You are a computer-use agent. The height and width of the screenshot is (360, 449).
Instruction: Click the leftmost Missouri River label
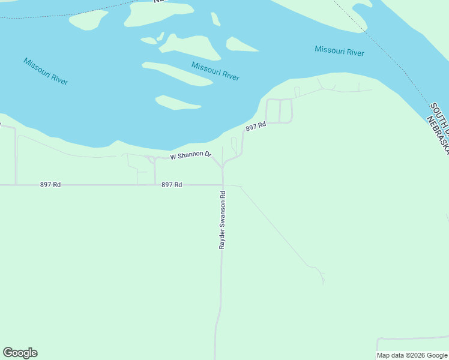[x=46, y=71]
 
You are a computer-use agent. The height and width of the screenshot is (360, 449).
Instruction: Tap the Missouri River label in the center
[x=215, y=71]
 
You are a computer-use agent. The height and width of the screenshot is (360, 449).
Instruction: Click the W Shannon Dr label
[x=191, y=156]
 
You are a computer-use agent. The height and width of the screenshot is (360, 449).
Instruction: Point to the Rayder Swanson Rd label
[x=222, y=220]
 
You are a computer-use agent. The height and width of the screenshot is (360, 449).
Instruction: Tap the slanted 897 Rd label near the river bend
[x=255, y=127]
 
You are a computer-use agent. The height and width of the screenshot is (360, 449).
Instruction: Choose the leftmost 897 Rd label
[x=50, y=185]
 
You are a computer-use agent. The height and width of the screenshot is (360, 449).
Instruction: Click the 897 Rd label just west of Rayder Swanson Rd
[x=172, y=185]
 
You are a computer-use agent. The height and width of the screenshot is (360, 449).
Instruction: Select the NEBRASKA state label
[x=438, y=136]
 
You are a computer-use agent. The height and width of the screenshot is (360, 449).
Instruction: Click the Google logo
[x=20, y=353]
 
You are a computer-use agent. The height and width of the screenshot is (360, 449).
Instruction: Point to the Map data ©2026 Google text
[x=412, y=355]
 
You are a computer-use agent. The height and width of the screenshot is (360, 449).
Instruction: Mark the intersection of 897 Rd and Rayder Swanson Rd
[x=222, y=185]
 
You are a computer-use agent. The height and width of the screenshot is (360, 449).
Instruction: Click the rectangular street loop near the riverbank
[x=279, y=110]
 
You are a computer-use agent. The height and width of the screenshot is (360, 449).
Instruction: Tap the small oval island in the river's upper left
[x=88, y=20]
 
